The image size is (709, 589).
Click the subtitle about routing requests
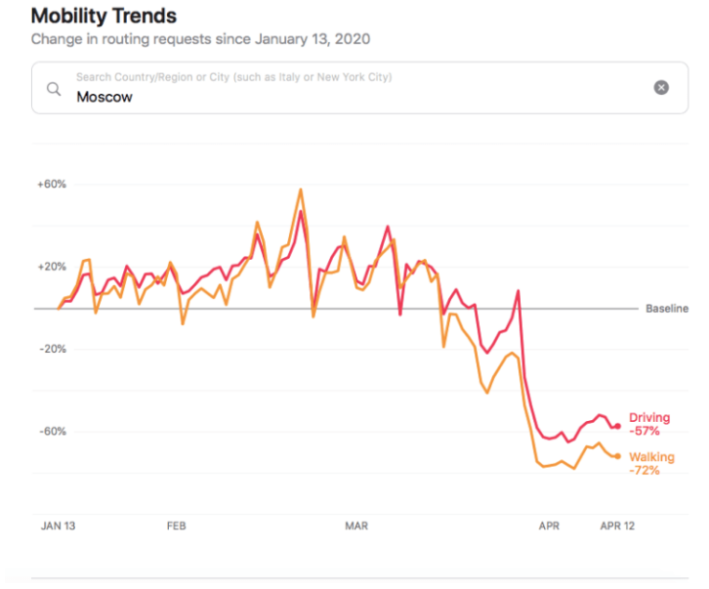[200, 40]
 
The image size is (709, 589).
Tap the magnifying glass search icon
[54, 89]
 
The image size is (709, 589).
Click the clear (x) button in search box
[661, 88]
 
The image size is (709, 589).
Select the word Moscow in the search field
[104, 97]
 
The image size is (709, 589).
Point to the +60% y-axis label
[51, 184]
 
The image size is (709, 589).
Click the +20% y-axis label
[51, 267]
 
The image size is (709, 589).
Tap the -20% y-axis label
[51, 349]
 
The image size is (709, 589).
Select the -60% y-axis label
[51, 432]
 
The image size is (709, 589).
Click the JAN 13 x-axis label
[58, 526]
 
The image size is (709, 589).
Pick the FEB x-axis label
[176, 526]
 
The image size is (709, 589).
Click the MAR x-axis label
[356, 526]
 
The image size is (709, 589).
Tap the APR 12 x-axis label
[617, 526]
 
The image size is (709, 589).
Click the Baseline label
[667, 309]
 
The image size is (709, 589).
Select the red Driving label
[649, 418]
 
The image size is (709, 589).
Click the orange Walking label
[651, 457]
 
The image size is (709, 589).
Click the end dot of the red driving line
[618, 426]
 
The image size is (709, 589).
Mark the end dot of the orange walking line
[618, 456]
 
